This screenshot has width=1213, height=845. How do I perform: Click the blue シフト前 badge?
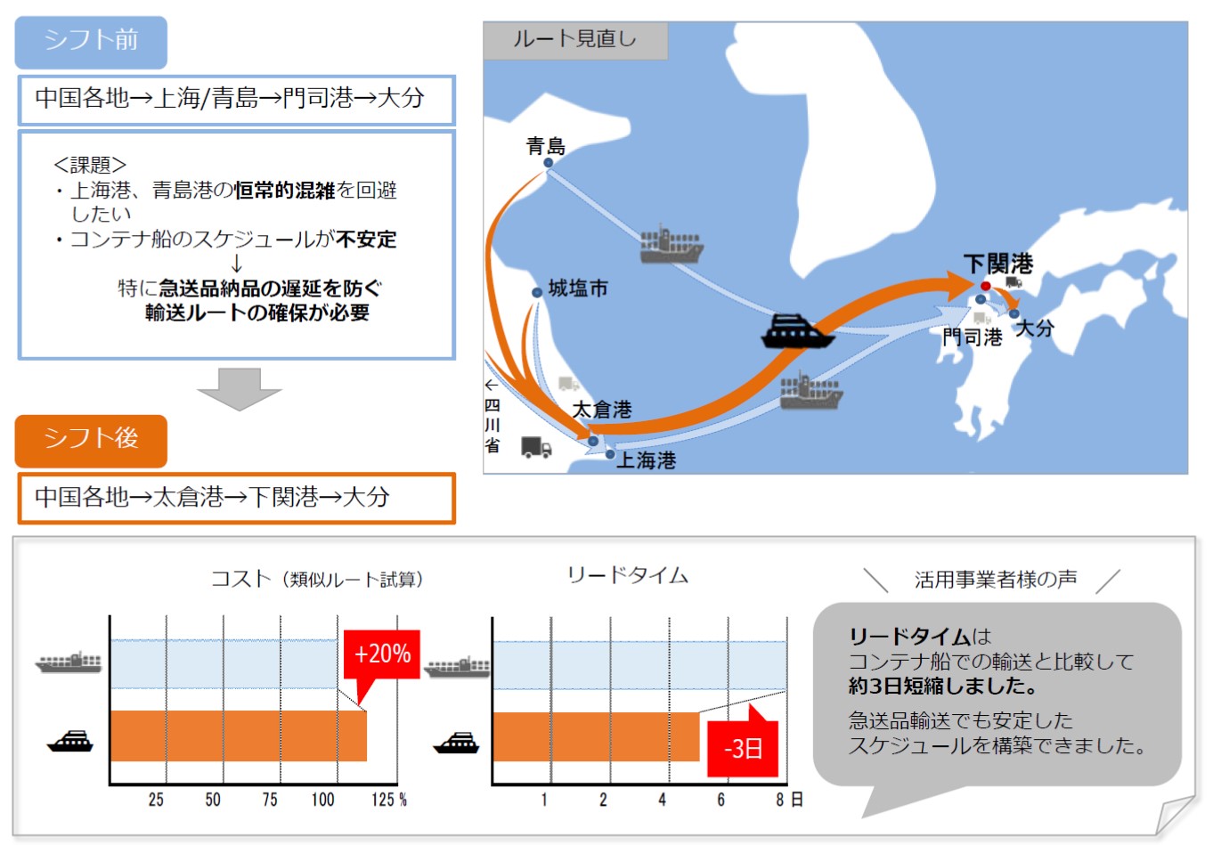pos(91,41)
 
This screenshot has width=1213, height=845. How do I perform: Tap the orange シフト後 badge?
pos(91,440)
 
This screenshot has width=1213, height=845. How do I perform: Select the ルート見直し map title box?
pos(574,40)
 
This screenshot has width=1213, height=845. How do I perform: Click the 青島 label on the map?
pos(546,145)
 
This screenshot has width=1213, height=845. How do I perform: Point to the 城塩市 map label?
pos(578,288)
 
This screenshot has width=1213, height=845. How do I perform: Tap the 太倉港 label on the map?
pos(602,410)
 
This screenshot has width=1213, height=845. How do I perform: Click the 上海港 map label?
pos(647,460)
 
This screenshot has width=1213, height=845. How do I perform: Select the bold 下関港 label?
pos(998,264)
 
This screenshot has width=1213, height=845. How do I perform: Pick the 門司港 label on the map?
pos(973,337)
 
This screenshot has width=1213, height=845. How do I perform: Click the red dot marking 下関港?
pos(985,286)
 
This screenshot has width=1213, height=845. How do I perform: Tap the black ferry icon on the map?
pos(797,331)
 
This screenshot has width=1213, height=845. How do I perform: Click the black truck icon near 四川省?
pos(535,448)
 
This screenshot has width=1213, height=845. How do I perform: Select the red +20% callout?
pos(382,654)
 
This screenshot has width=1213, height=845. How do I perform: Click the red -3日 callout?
pos(743,748)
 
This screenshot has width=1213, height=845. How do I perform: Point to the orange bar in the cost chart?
pos(238,735)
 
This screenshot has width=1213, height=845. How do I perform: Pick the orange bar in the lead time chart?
pos(595,736)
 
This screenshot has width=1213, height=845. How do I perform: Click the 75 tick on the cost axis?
pos(270,800)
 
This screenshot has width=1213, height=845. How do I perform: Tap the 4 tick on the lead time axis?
pos(662,800)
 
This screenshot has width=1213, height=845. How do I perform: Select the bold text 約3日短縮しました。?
pos(942,686)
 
